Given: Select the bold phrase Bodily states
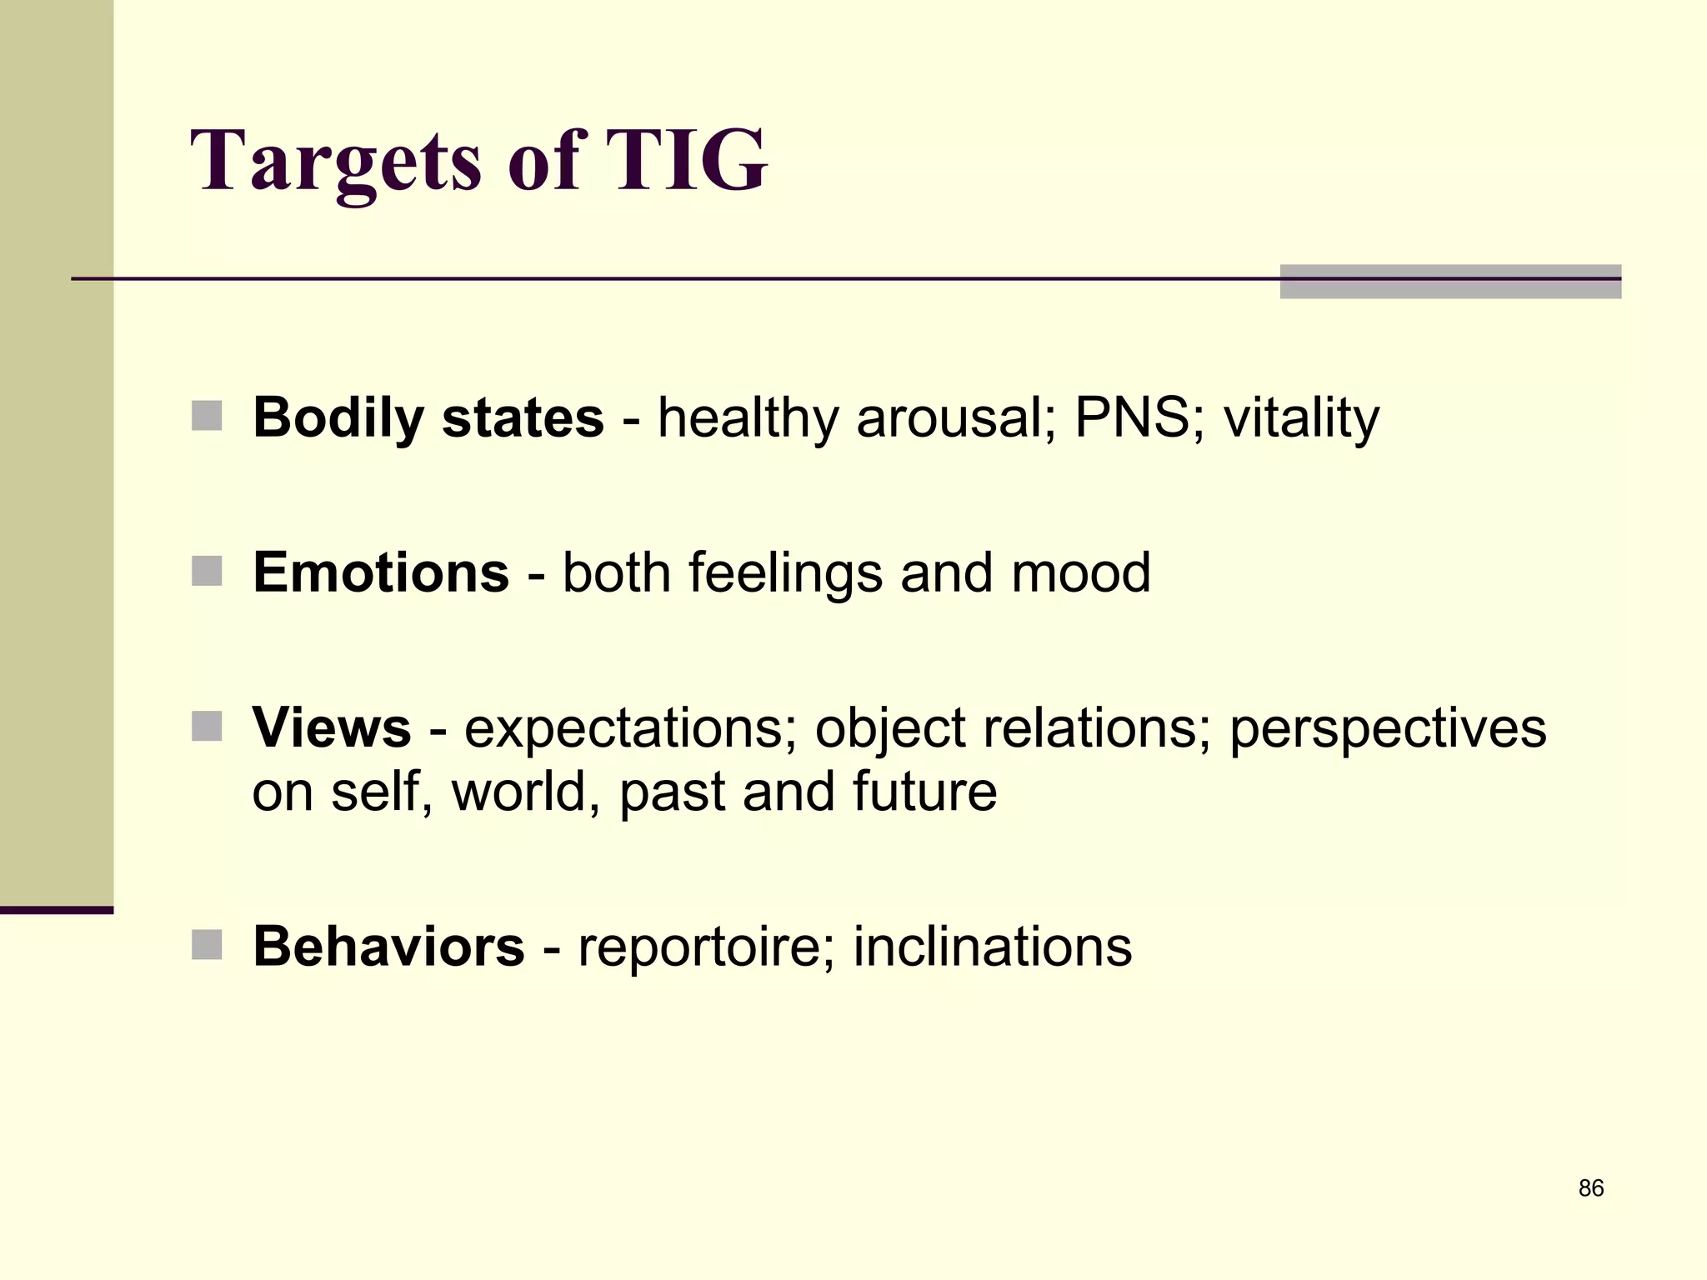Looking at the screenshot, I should (428, 417).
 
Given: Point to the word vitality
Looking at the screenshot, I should (1301, 419).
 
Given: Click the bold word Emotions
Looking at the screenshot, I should (381, 573).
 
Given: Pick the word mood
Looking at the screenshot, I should (1080, 573).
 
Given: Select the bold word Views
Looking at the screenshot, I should (332, 728).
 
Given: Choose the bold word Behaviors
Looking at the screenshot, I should (388, 947).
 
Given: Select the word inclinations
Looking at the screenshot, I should (993, 947).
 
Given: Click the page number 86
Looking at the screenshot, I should (1590, 1188).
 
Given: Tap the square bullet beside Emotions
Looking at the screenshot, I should (207, 572).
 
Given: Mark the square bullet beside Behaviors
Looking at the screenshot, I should (207, 945).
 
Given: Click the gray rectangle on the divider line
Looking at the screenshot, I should (1449, 282).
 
